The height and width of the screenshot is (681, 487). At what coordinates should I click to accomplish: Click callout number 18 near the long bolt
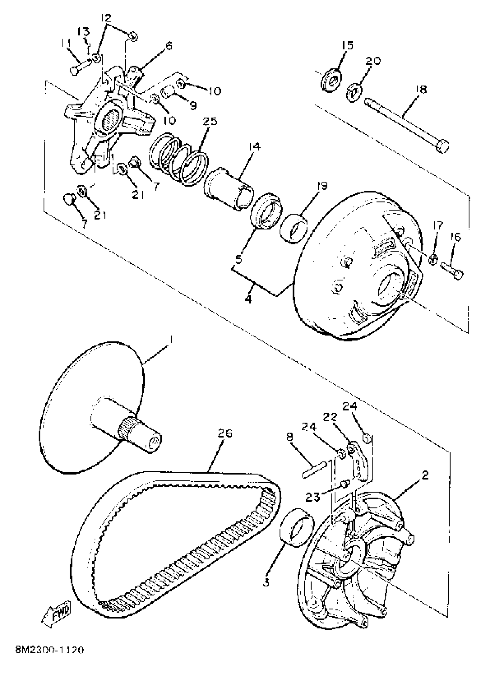(421, 90)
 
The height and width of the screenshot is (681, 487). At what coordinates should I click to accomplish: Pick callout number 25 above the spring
(210, 121)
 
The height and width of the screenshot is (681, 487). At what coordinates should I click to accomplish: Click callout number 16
(455, 237)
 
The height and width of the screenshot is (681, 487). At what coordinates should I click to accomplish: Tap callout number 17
(438, 225)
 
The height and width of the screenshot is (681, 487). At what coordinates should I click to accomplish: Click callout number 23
(313, 497)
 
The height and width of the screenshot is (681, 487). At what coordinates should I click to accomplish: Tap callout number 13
(84, 31)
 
